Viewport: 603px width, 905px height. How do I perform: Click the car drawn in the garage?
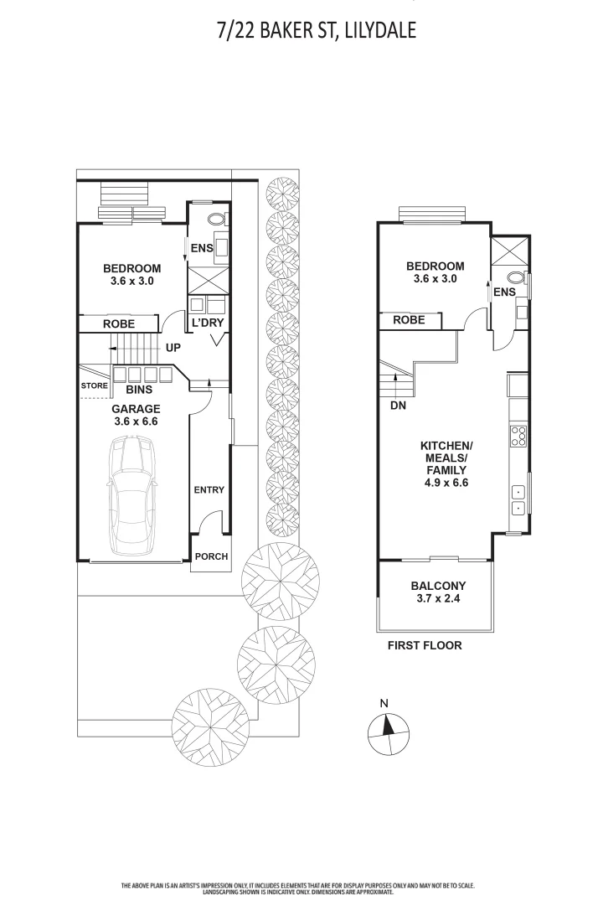pyautogui.click(x=132, y=496)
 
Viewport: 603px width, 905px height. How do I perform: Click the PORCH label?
pyautogui.click(x=211, y=556)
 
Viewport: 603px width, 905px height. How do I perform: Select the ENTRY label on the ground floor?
pyautogui.click(x=209, y=489)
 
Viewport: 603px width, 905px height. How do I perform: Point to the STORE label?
pyautogui.click(x=94, y=385)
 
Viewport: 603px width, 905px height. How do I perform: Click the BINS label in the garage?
pyautogui.click(x=139, y=390)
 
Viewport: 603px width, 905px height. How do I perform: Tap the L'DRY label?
pyautogui.click(x=207, y=323)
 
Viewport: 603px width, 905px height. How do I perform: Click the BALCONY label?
pyautogui.click(x=438, y=585)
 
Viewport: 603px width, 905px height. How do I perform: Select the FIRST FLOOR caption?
pyautogui.click(x=425, y=645)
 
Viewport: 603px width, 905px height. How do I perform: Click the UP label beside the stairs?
pyautogui.click(x=173, y=348)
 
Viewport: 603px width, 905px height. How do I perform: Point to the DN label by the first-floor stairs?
pyautogui.click(x=398, y=406)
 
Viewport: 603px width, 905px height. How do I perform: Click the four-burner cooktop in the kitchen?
pyautogui.click(x=518, y=436)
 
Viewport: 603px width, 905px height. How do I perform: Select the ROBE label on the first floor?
pyautogui.click(x=409, y=320)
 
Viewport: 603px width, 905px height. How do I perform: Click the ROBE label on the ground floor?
pyautogui.click(x=119, y=323)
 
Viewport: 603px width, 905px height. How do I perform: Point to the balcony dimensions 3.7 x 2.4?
pyautogui.click(x=438, y=598)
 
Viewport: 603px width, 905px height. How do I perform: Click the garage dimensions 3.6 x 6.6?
pyautogui.click(x=136, y=421)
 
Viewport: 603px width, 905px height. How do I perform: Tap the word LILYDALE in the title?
pyautogui.click(x=379, y=31)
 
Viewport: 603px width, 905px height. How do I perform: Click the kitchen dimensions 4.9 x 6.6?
pyautogui.click(x=446, y=483)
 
